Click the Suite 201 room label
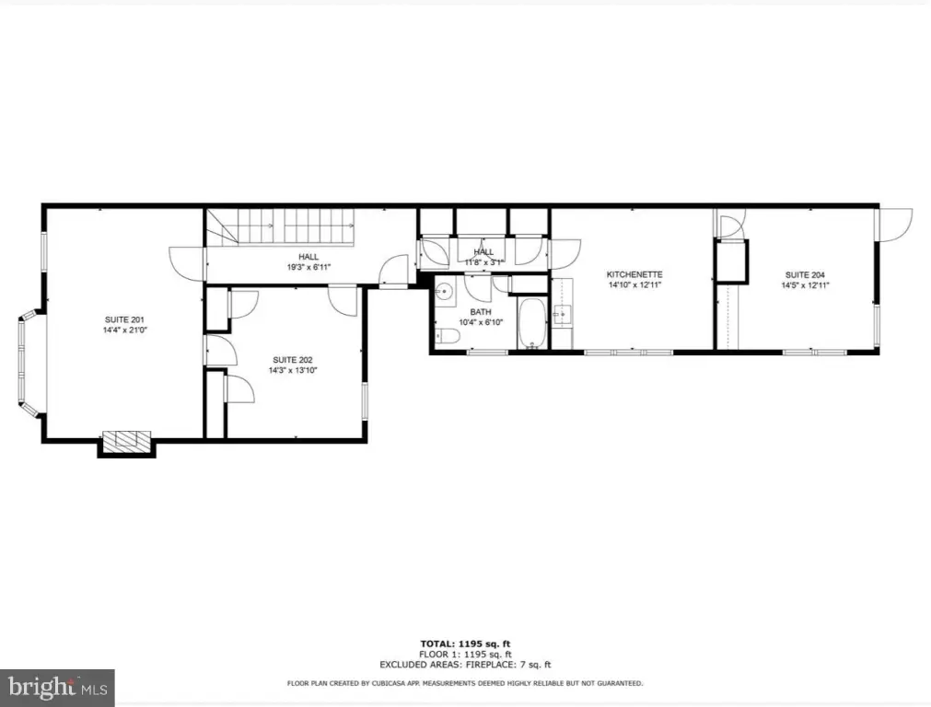124,320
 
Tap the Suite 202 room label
293,360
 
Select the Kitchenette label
634,274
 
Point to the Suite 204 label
805,275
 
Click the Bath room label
481,312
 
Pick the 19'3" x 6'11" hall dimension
308,267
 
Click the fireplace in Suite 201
126,441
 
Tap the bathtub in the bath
532,323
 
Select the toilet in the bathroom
448,337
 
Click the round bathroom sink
444,292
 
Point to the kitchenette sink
563,314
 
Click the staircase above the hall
280,226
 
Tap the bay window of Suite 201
29,362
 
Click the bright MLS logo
58,688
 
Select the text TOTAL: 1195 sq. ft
465,644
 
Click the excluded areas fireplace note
465,665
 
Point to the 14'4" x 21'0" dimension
124,330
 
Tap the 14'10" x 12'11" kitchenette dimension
634,284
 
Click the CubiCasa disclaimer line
465,684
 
